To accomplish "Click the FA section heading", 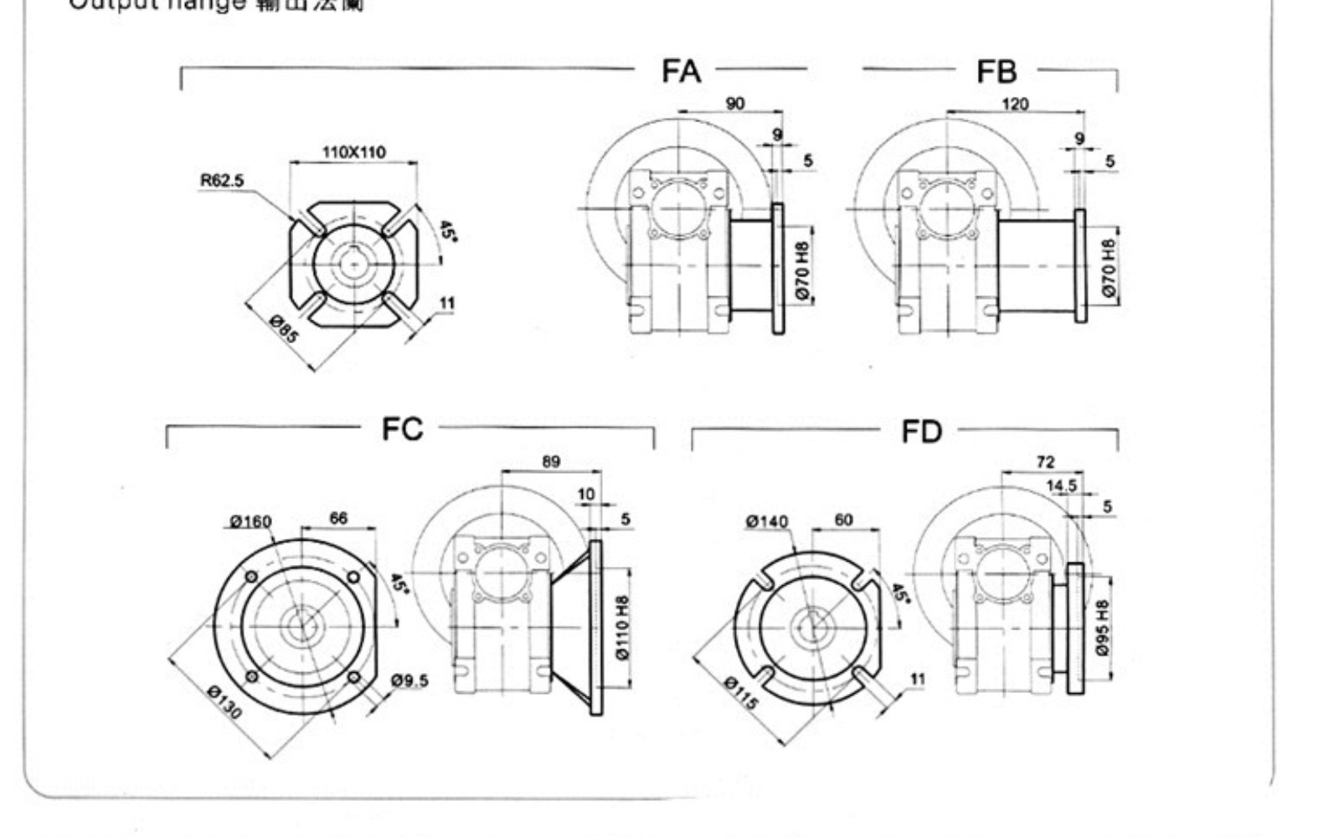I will point(681,71).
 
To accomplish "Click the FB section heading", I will point(996,72).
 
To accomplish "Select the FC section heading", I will point(403,429).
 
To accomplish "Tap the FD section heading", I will point(921,432).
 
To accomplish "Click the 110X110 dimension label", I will point(354,152).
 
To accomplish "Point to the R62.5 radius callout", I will point(222,180).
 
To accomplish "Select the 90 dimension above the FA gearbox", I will point(734,104).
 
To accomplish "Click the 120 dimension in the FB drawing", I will point(1015,105).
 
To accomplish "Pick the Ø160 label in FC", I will point(250,521).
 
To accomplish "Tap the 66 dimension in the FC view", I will point(338,518).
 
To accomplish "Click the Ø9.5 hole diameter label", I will point(409,680).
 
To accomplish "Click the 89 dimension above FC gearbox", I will point(551,461).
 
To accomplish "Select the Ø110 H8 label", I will point(621,628).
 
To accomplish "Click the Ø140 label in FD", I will point(767,521).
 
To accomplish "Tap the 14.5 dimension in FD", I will point(1062,485).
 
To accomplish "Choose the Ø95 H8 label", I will point(1102,628).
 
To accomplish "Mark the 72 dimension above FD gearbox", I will point(1045,461).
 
